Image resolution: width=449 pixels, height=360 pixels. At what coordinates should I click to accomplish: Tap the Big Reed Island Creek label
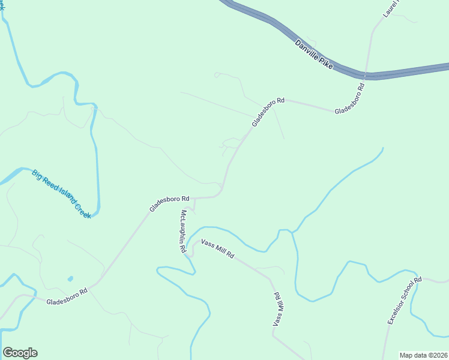pyautogui.click(x=62, y=194)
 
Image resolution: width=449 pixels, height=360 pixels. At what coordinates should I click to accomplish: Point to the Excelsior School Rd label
pyautogui.click(x=405, y=301)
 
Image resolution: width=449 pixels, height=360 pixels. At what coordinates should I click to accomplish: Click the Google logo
pyautogui.click(x=20, y=353)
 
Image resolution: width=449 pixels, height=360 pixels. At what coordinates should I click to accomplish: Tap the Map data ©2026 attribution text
pyautogui.click(x=423, y=355)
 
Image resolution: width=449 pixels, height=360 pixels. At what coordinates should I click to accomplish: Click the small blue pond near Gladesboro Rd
pyautogui.click(x=70, y=279)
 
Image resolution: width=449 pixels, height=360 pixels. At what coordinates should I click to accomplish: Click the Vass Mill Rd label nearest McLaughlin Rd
pyautogui.click(x=217, y=248)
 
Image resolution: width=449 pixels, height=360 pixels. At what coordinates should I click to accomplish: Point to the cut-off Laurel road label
pyautogui.click(x=392, y=8)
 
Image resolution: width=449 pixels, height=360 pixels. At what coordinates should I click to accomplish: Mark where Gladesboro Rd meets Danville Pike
pyautogui.click(x=365, y=76)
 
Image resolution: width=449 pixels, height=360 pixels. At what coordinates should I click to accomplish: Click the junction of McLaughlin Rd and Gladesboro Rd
pyautogui.click(x=194, y=198)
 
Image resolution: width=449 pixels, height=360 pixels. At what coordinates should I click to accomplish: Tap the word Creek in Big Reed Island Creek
pyautogui.click(x=83, y=210)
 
